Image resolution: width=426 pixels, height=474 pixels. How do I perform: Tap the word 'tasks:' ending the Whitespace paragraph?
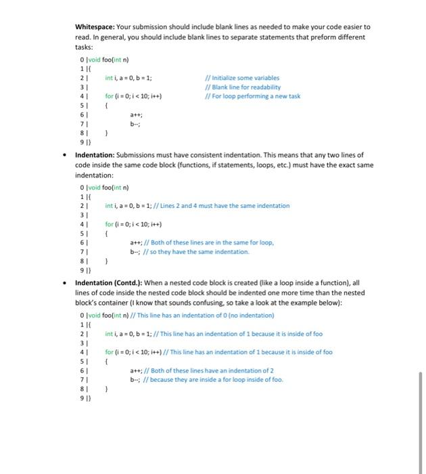tap(84, 49)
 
